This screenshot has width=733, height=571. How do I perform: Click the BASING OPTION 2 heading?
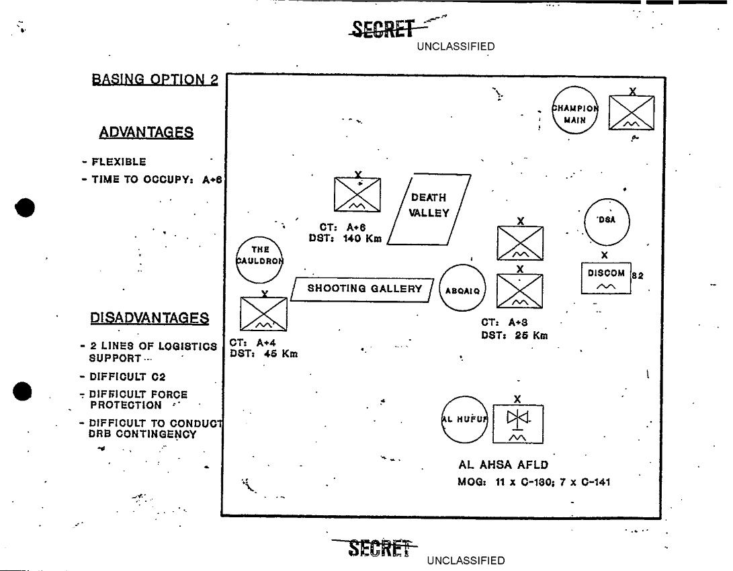click(155, 79)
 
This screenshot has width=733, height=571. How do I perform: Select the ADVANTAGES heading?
click(146, 132)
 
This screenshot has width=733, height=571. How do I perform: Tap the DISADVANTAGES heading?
click(149, 318)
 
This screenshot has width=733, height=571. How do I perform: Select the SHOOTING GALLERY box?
click(364, 289)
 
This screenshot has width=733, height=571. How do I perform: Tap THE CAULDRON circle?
click(260, 259)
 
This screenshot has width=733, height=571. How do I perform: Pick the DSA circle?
click(606, 221)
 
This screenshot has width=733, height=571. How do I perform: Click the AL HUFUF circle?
click(465, 420)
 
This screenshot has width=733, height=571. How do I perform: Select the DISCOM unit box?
click(606, 277)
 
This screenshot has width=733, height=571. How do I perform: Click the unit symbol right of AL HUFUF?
click(517, 423)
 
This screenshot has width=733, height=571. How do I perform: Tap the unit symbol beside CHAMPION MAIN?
click(631, 112)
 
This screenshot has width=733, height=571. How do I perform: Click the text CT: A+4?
click(249, 343)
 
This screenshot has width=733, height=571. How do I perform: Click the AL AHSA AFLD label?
click(503, 464)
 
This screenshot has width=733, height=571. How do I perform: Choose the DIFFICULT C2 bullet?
click(127, 377)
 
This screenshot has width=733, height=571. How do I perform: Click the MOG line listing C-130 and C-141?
click(533, 482)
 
